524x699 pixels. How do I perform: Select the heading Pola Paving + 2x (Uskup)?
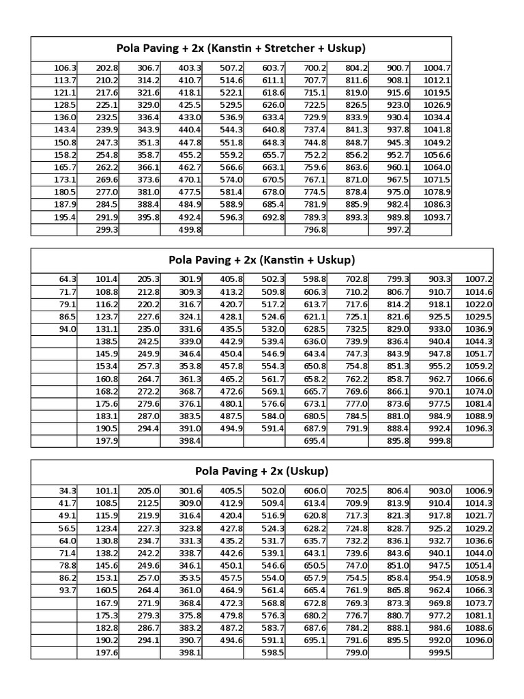pos(261,471)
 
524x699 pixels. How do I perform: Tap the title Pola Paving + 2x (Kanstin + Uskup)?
pos(261,260)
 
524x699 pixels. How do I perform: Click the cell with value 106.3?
pos(65,68)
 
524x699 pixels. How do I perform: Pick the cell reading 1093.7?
pos(437,217)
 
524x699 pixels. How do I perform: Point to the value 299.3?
pos(108,230)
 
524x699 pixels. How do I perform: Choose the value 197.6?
pos(107,653)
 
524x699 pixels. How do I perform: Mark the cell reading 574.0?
pos(231,180)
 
